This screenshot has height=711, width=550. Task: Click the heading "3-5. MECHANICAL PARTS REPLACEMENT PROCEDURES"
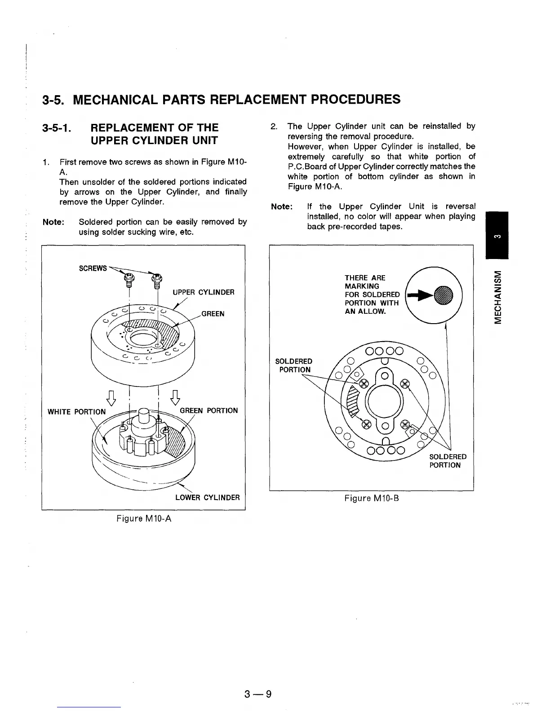pyautogui.click(x=221, y=99)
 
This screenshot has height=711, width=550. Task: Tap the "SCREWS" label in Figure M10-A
pyautogui.click(x=93, y=268)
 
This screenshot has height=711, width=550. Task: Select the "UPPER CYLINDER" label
pyautogui.click(x=204, y=292)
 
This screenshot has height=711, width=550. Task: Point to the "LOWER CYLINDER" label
pyautogui.click(x=207, y=497)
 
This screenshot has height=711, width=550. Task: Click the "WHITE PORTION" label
pyautogui.click(x=77, y=412)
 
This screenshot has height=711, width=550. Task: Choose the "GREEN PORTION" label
pyautogui.click(x=208, y=410)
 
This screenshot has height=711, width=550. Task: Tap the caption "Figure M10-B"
pyautogui.click(x=372, y=498)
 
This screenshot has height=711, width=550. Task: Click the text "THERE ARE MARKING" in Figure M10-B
pyautogui.click(x=365, y=282)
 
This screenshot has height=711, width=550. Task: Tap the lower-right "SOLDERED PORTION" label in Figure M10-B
pyautogui.click(x=448, y=461)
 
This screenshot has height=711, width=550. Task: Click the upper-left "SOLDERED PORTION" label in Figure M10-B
pyautogui.click(x=293, y=365)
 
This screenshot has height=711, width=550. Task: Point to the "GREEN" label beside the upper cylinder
pyautogui.click(x=213, y=313)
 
